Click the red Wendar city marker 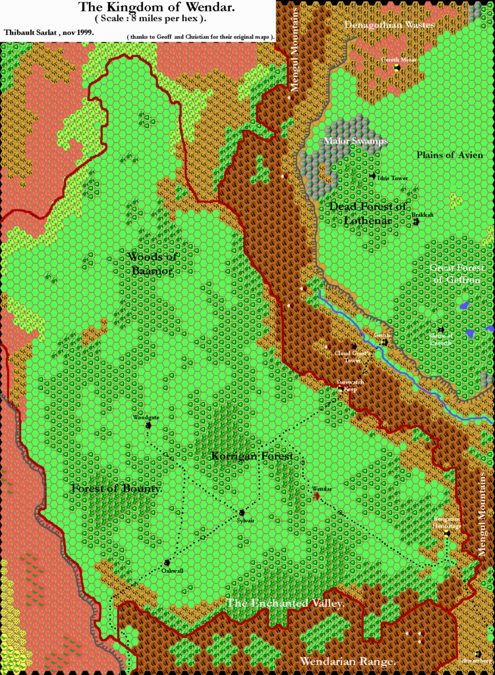pos(316,496)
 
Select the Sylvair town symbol pos(243,512)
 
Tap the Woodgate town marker pos(148,425)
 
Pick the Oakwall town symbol pos(167,562)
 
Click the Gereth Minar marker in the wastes pos(397,67)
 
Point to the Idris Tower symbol pos(372,176)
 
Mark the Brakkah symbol pos(417,223)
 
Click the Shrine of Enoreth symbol pos(441,330)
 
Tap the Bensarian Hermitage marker pos(446,535)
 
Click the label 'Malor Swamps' pos(356,141)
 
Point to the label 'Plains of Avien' pos(450,155)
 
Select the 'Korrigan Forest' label pos(252,456)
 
